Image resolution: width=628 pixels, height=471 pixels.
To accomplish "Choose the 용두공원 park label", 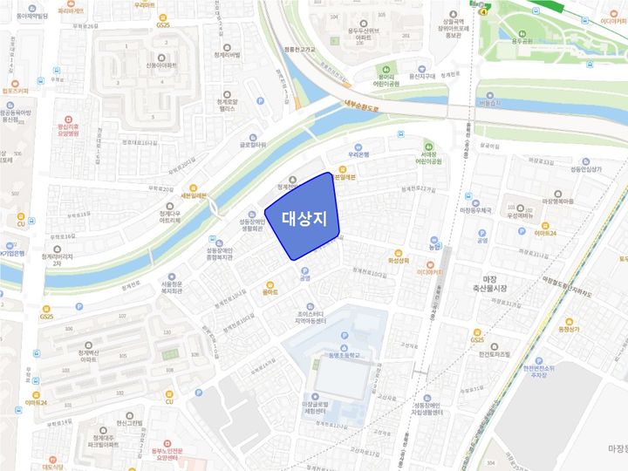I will (522, 40).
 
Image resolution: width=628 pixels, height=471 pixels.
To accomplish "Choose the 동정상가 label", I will (568, 330).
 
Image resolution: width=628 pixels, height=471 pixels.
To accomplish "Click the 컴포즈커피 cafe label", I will (15, 90).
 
